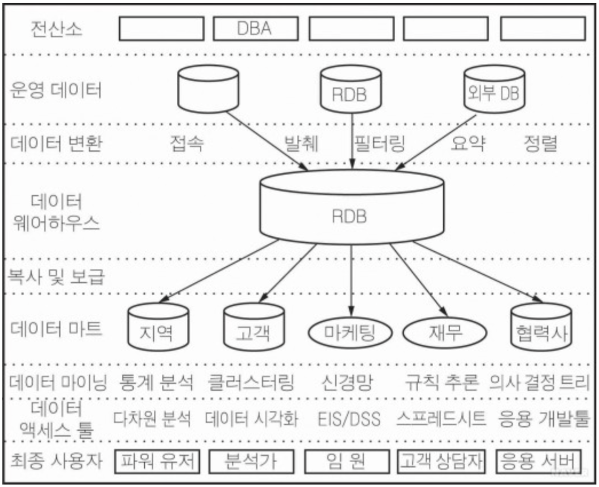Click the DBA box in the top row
pos(255,29)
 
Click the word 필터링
pos(379,144)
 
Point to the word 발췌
pos(301,144)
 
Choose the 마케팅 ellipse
pos(350,333)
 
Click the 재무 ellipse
pos(445,333)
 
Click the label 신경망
pos(347,383)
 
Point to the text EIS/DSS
pos(349,419)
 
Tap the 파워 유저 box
pos(157,461)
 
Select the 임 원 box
pos(347,461)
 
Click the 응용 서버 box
pos(538,461)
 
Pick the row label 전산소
pos(56,29)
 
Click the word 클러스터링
pos(250,383)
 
